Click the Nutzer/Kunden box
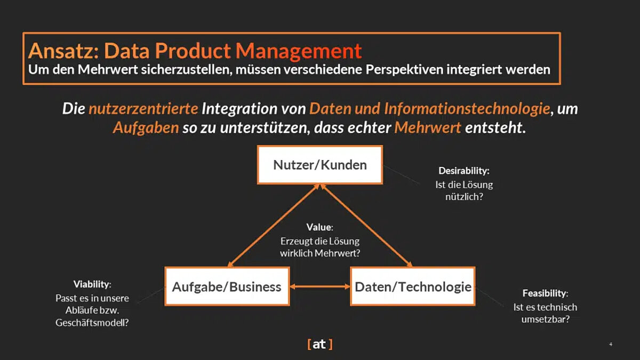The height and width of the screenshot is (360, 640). pyautogui.click(x=320, y=164)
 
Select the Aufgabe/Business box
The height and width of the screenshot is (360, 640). pyautogui.click(x=227, y=287)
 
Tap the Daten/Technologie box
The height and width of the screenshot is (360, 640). pyautogui.click(x=413, y=287)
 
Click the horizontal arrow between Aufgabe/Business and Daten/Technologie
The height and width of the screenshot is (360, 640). pyautogui.click(x=319, y=287)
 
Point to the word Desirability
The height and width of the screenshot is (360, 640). pyautogui.click(x=463, y=171)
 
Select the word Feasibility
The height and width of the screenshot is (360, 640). pyautogui.click(x=544, y=293)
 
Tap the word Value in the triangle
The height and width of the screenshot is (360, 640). pyautogui.click(x=318, y=227)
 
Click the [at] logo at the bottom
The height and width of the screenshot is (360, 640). pyautogui.click(x=320, y=344)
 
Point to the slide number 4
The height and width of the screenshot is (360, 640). pyautogui.click(x=611, y=345)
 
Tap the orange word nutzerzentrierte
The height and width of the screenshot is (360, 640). pyautogui.click(x=143, y=109)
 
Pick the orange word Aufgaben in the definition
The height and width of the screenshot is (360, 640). pyautogui.click(x=146, y=129)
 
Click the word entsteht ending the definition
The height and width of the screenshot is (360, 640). pyautogui.click(x=495, y=129)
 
